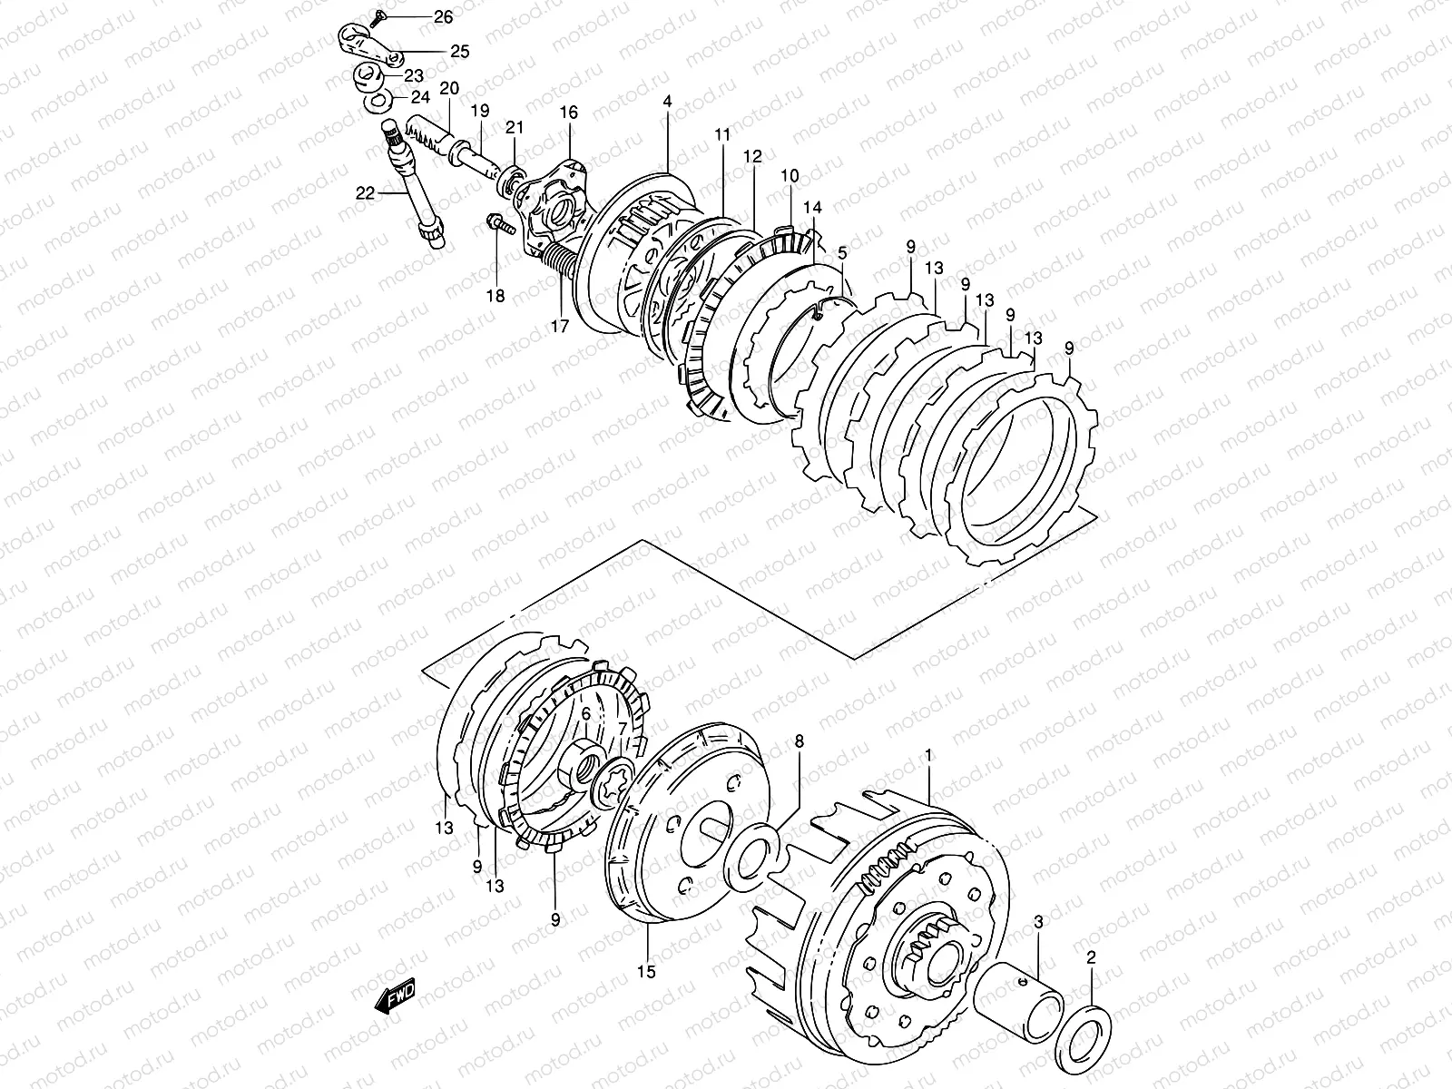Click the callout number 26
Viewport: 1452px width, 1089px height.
(442, 17)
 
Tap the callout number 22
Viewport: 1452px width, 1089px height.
(366, 191)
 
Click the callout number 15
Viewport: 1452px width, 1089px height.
(646, 972)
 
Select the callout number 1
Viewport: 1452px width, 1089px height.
(928, 753)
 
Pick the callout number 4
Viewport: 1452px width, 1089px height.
(667, 102)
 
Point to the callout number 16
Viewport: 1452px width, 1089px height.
(568, 113)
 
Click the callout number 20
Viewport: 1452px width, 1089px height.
(449, 88)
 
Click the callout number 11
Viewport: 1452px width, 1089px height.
(721, 135)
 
